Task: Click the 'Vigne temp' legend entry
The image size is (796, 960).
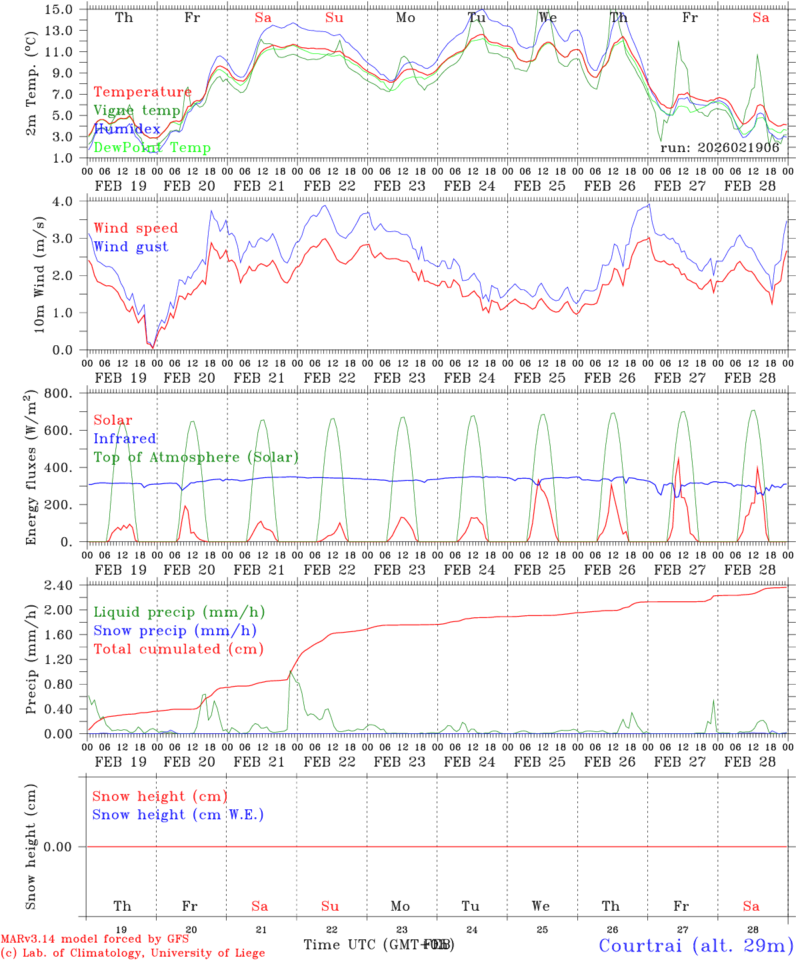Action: (137, 111)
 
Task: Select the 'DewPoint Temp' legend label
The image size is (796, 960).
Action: (152, 148)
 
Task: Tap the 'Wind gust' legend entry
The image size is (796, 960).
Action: (131, 247)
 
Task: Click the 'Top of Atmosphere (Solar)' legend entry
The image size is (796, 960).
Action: (196, 457)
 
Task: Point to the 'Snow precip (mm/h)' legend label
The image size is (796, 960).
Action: (175, 631)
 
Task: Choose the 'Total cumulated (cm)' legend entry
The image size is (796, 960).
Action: (178, 649)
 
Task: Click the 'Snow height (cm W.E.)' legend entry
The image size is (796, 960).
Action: (178, 815)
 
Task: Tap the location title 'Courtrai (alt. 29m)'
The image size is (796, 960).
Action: (696, 945)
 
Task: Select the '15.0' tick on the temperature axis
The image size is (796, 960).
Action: (60, 9)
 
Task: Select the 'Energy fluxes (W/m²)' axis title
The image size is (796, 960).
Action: (31, 469)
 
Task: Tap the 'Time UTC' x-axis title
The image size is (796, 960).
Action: (341, 945)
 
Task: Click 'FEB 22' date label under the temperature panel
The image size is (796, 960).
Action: (329, 186)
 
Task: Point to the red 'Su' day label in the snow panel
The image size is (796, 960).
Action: (330, 906)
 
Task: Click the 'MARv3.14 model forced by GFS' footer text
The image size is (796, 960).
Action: (95, 939)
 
